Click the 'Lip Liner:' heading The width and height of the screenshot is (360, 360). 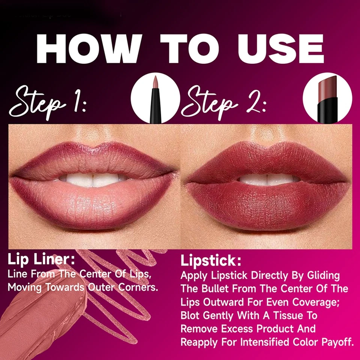[41, 259]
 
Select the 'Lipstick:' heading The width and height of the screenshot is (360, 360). [211, 261]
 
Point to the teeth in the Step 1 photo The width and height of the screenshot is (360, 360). [94, 179]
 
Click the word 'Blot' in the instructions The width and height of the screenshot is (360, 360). [190, 315]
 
